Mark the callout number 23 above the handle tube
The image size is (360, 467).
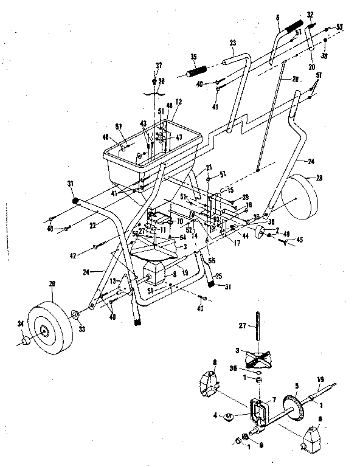click(232, 44)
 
